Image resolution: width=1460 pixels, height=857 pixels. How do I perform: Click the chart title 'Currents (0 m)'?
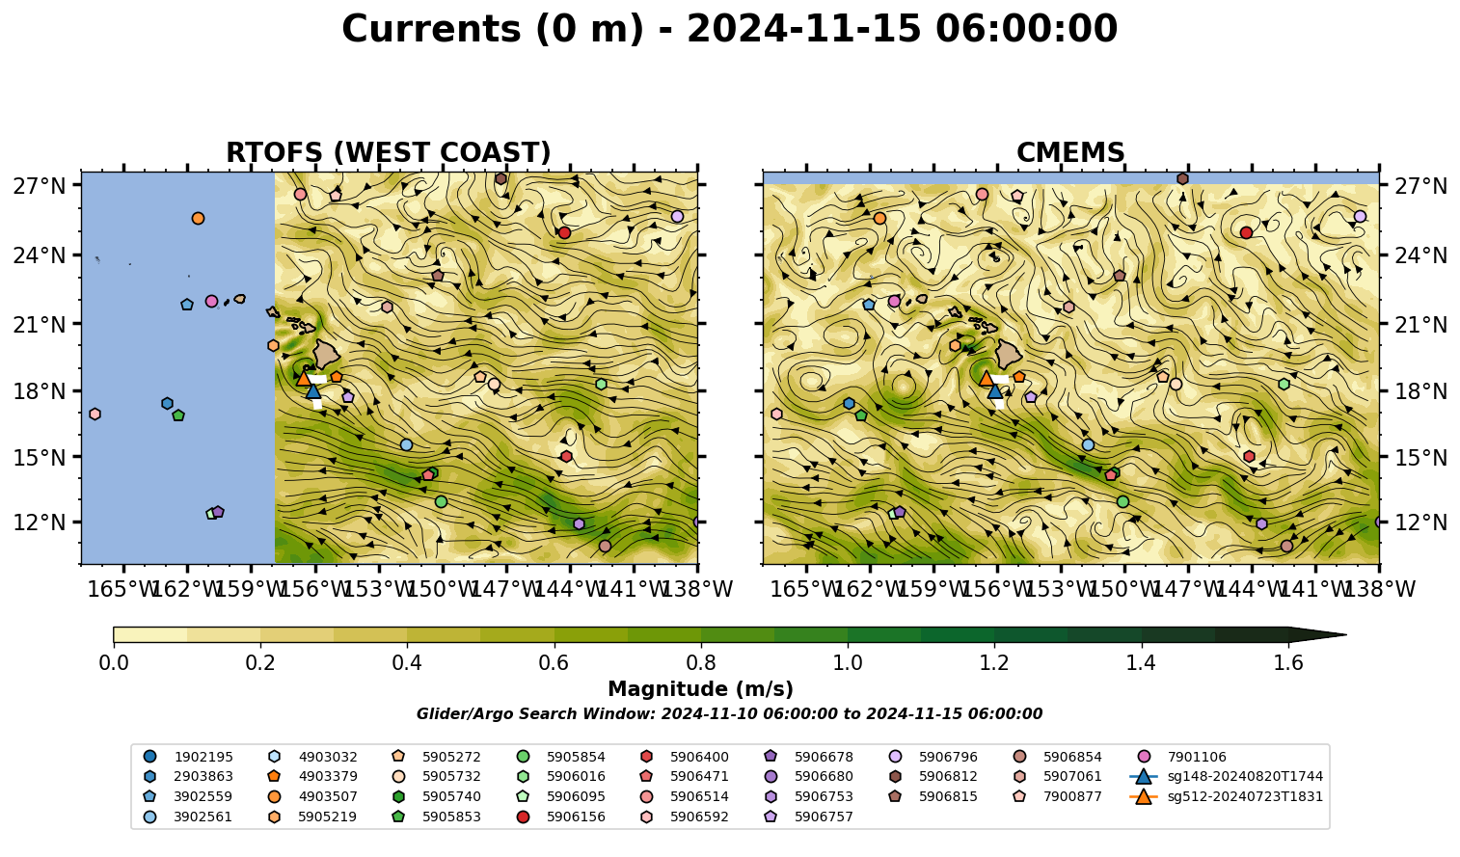coord(494,29)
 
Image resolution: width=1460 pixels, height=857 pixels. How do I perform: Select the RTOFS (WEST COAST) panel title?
coord(389,152)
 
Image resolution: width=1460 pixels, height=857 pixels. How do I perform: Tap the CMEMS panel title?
coord(1070,152)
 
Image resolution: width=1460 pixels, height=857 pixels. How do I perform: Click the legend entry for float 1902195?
coord(188,757)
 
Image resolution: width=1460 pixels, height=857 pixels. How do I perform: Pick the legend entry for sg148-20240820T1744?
coord(1227,776)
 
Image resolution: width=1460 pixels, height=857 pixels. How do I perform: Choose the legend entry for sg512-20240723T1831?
coord(1227,796)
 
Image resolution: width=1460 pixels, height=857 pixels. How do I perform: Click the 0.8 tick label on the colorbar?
coord(701,663)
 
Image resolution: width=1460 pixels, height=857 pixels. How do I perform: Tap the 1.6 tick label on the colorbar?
coord(1288,663)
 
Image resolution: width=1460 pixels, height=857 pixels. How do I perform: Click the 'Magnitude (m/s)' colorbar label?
coord(701,689)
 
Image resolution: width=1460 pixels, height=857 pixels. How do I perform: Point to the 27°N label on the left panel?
coord(40,186)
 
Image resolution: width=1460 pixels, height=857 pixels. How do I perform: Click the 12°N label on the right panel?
coord(1420,522)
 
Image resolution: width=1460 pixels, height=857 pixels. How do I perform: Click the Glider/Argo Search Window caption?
coord(729,713)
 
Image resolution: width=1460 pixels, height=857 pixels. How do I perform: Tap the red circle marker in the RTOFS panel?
coord(564,232)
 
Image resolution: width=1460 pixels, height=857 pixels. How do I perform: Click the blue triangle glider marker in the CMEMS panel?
coord(995,391)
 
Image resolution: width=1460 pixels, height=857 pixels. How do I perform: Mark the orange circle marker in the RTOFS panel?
coord(198,218)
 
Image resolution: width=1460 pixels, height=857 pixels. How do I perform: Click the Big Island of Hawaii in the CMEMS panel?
coord(1009,354)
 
